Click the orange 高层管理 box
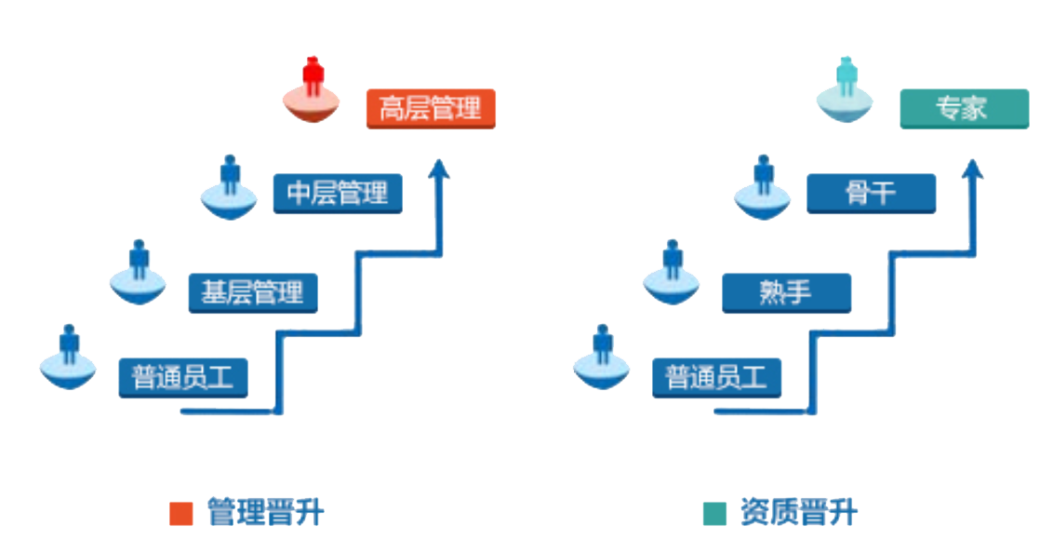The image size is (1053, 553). [430, 108]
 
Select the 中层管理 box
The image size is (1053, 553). [337, 194]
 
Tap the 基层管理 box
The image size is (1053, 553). [252, 292]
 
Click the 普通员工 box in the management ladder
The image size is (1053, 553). [182, 378]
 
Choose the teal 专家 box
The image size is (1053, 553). [964, 108]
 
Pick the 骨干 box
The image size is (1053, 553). [871, 194]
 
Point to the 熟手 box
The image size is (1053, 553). [786, 292]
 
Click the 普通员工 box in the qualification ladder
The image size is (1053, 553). [716, 378]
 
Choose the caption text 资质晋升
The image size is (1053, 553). [798, 512]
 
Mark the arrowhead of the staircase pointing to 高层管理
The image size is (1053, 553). [441, 169]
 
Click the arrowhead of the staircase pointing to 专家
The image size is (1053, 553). [974, 169]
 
